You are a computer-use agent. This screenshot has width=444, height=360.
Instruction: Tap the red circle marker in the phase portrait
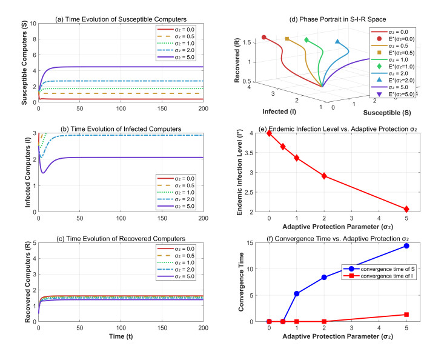(x=263, y=38)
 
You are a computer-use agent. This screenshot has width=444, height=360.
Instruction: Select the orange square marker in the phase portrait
(x=287, y=39)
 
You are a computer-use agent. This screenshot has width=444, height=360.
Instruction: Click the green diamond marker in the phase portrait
(x=307, y=40)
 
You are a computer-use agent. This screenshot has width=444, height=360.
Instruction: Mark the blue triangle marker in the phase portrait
(x=337, y=42)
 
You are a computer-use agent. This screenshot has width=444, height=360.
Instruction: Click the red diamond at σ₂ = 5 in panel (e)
(x=406, y=209)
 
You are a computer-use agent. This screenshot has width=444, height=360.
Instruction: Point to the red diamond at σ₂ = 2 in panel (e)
(x=324, y=176)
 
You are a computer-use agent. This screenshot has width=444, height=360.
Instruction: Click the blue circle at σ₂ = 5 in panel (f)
(x=406, y=245)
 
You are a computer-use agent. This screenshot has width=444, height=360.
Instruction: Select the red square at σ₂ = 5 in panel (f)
(x=406, y=315)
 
